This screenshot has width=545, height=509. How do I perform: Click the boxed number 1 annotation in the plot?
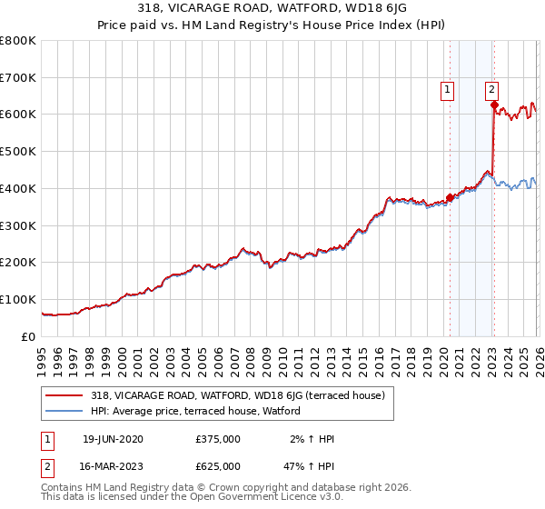click(449, 89)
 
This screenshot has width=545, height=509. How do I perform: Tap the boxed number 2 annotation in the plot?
click(491, 89)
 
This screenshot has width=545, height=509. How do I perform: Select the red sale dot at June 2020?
click(450, 197)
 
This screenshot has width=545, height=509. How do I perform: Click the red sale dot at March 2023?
click(493, 105)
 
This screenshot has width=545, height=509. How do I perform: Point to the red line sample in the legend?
click(64, 395)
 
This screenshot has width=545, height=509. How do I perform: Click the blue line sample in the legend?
click(64, 411)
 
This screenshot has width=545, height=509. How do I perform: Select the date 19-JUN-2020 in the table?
click(113, 439)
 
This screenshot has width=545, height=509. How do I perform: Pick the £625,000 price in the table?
click(218, 466)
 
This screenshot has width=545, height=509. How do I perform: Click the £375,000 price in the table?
click(218, 439)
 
